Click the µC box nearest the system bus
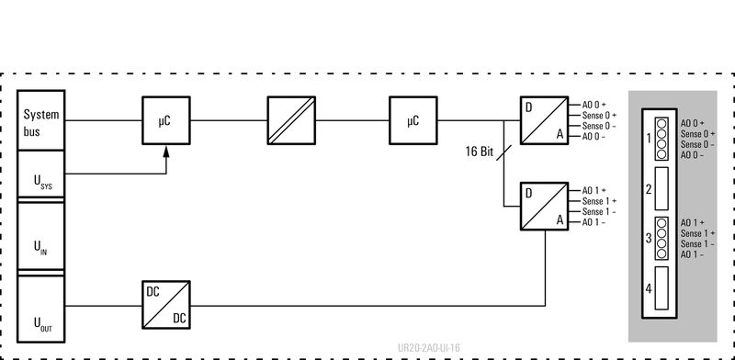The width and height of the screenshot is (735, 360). (x=165, y=120)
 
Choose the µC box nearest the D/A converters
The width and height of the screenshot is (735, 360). (x=411, y=120)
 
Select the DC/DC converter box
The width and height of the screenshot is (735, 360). (x=165, y=303)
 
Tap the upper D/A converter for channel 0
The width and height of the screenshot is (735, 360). (x=545, y=120)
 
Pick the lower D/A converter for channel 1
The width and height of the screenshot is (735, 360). (x=545, y=206)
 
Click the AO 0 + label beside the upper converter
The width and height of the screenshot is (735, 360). (x=594, y=105)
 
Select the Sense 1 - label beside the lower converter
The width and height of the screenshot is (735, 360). (x=599, y=212)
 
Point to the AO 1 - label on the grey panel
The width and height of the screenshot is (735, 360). (x=693, y=254)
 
